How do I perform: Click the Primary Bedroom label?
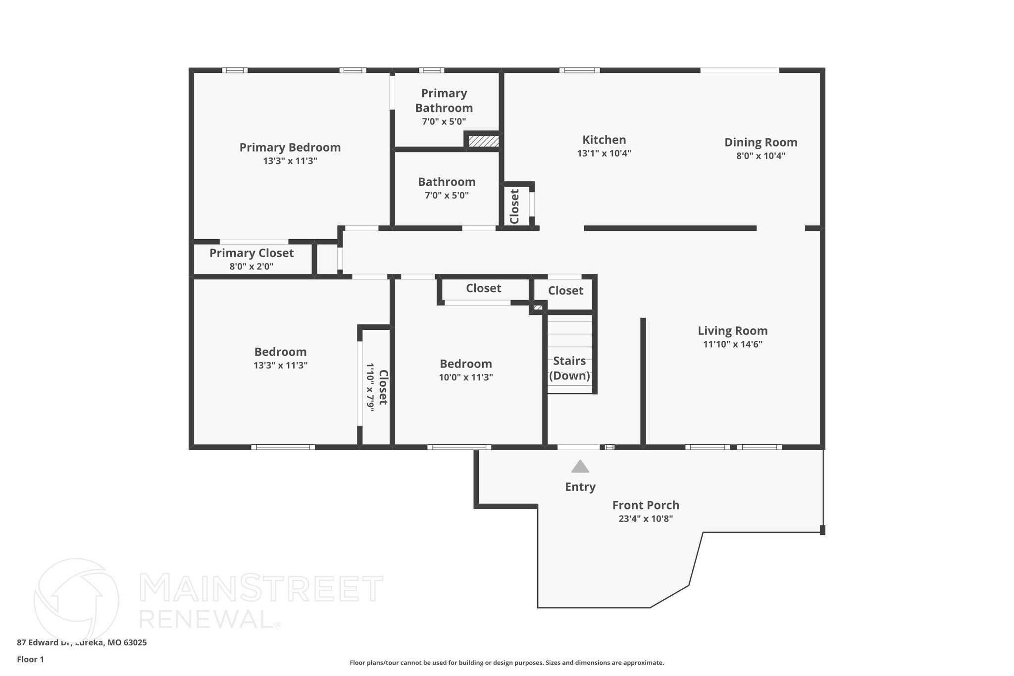290,148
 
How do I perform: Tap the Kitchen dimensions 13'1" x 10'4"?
604,154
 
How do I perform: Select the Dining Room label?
760,143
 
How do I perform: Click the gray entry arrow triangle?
580,467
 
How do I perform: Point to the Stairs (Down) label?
569,368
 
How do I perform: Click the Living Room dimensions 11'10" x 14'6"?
732,344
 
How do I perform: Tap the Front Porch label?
645,505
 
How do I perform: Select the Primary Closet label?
251,253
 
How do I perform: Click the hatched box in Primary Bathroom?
483,141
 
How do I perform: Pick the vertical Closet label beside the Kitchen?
514,207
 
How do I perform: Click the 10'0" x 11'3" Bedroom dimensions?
465,377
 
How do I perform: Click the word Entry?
580,487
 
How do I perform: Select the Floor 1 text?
30,659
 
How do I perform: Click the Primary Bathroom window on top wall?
431,70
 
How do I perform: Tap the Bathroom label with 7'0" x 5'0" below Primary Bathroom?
446,182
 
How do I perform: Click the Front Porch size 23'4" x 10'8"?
645,519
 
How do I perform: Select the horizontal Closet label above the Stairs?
565,291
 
